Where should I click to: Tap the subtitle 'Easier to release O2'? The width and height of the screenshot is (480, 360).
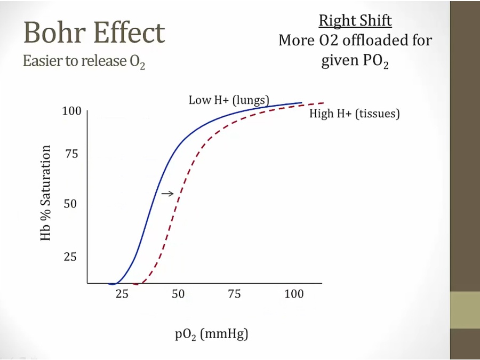point(84,61)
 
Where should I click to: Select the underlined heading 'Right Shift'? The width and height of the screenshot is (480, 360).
point(355,21)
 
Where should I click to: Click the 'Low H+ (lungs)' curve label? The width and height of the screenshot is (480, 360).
point(229,100)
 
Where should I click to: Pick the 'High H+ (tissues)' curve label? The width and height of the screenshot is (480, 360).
point(354,114)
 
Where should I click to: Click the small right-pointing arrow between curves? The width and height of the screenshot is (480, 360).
point(167,194)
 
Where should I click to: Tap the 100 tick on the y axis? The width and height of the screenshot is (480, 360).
point(71,111)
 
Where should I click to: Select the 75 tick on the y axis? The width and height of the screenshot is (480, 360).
point(71,155)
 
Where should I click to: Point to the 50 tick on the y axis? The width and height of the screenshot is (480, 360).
point(71,204)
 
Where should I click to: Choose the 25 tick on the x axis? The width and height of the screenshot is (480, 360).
point(122,294)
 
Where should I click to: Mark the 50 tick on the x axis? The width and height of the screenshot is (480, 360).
point(178,294)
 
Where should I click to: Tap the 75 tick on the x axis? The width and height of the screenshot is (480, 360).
point(234,294)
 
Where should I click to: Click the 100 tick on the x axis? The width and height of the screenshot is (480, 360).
point(294,294)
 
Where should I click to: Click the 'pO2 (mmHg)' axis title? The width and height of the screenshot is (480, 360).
point(212,335)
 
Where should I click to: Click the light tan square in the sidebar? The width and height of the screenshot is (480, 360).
point(465,310)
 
